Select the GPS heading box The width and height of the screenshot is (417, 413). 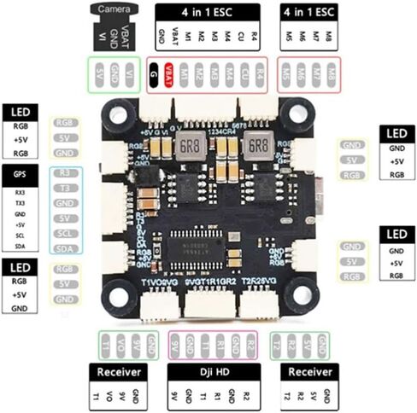tap(19, 174)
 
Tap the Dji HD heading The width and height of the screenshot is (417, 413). tap(208, 373)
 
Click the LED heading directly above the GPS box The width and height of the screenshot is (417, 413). tap(19, 113)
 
